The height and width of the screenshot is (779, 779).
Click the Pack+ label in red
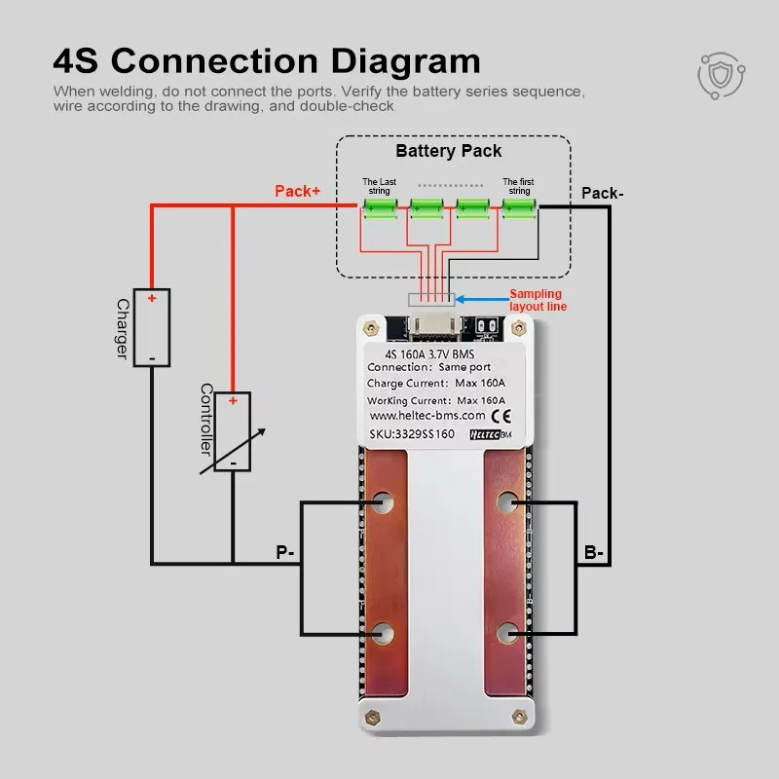point(297,192)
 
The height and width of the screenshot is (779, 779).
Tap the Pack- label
point(602,193)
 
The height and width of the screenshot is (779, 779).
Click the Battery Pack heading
point(449,151)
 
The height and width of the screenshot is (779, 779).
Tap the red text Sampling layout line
point(537,300)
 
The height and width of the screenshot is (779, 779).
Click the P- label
point(285,553)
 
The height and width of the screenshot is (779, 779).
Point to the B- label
point(594,553)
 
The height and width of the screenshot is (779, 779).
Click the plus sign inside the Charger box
point(153,299)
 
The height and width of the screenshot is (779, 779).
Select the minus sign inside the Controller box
point(233,462)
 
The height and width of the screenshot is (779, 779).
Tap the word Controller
point(206,420)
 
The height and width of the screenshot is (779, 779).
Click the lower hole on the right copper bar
point(506,634)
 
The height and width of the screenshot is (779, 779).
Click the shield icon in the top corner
point(720,72)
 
